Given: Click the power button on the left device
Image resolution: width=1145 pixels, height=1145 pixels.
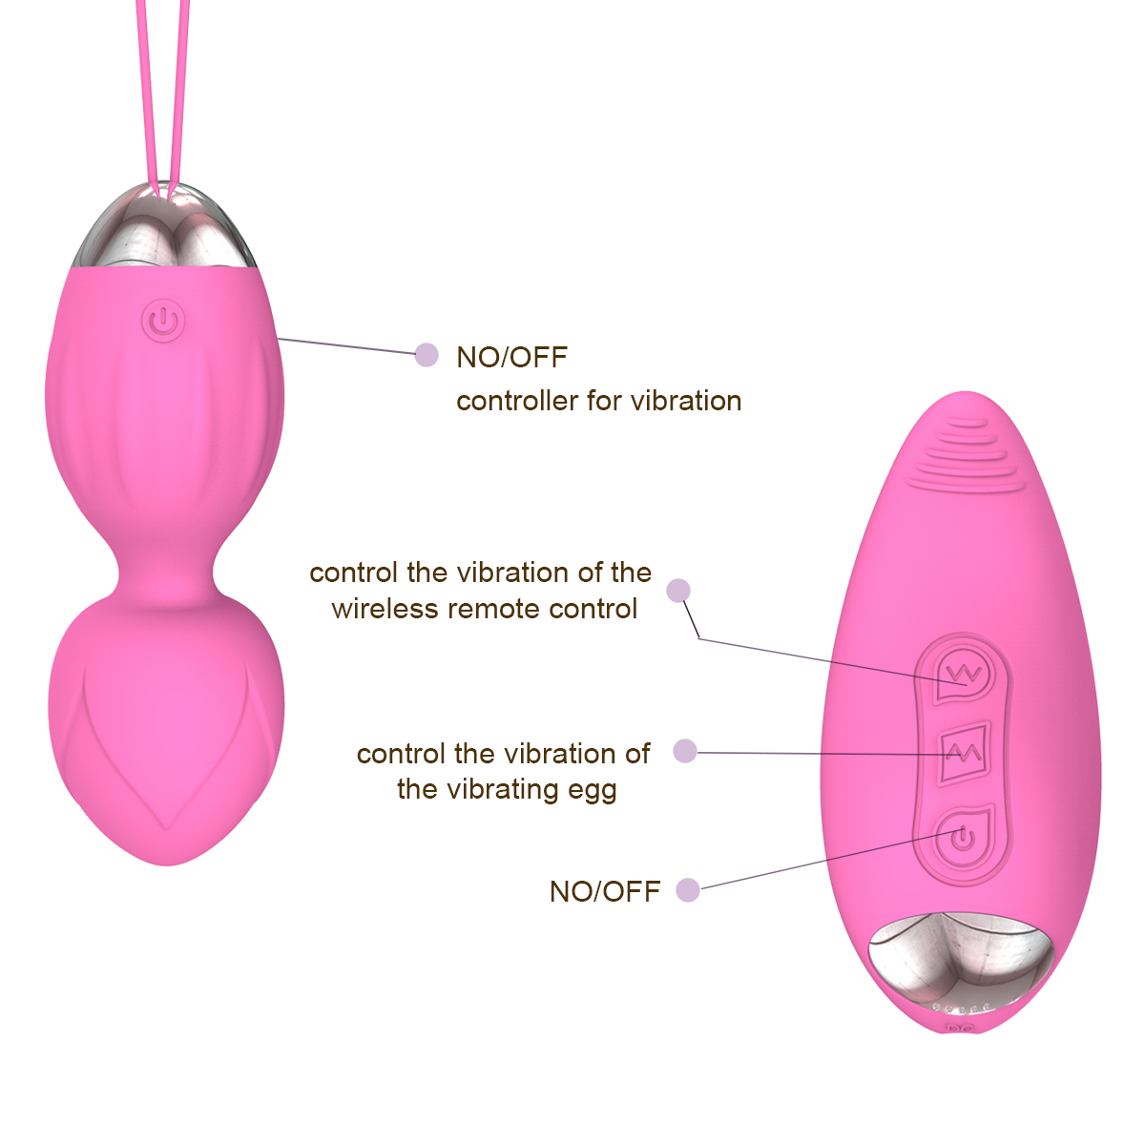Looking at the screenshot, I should coord(163,321).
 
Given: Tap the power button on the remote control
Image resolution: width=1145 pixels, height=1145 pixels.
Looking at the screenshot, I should coord(964,839).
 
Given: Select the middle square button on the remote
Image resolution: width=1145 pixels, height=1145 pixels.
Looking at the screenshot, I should coord(964,754).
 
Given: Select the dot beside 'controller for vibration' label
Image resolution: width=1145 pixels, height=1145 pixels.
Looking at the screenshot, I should coord(427,355).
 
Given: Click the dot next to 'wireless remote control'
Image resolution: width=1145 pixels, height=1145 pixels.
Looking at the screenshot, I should coord(678,591).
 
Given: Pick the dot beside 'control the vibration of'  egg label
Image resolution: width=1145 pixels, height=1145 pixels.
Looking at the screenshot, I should coord(684,751).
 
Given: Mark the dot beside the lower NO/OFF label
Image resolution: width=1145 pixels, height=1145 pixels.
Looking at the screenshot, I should coord(687,890).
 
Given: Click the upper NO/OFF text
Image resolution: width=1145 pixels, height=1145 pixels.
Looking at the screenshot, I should coord(511,357).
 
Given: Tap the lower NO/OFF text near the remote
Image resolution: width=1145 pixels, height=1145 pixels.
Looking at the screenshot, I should coord(604,891).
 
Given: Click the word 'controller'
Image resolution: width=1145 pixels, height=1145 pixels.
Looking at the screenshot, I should coord(517,401).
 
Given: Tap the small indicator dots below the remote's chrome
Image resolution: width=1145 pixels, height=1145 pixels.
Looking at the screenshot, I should coord(962,1008).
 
